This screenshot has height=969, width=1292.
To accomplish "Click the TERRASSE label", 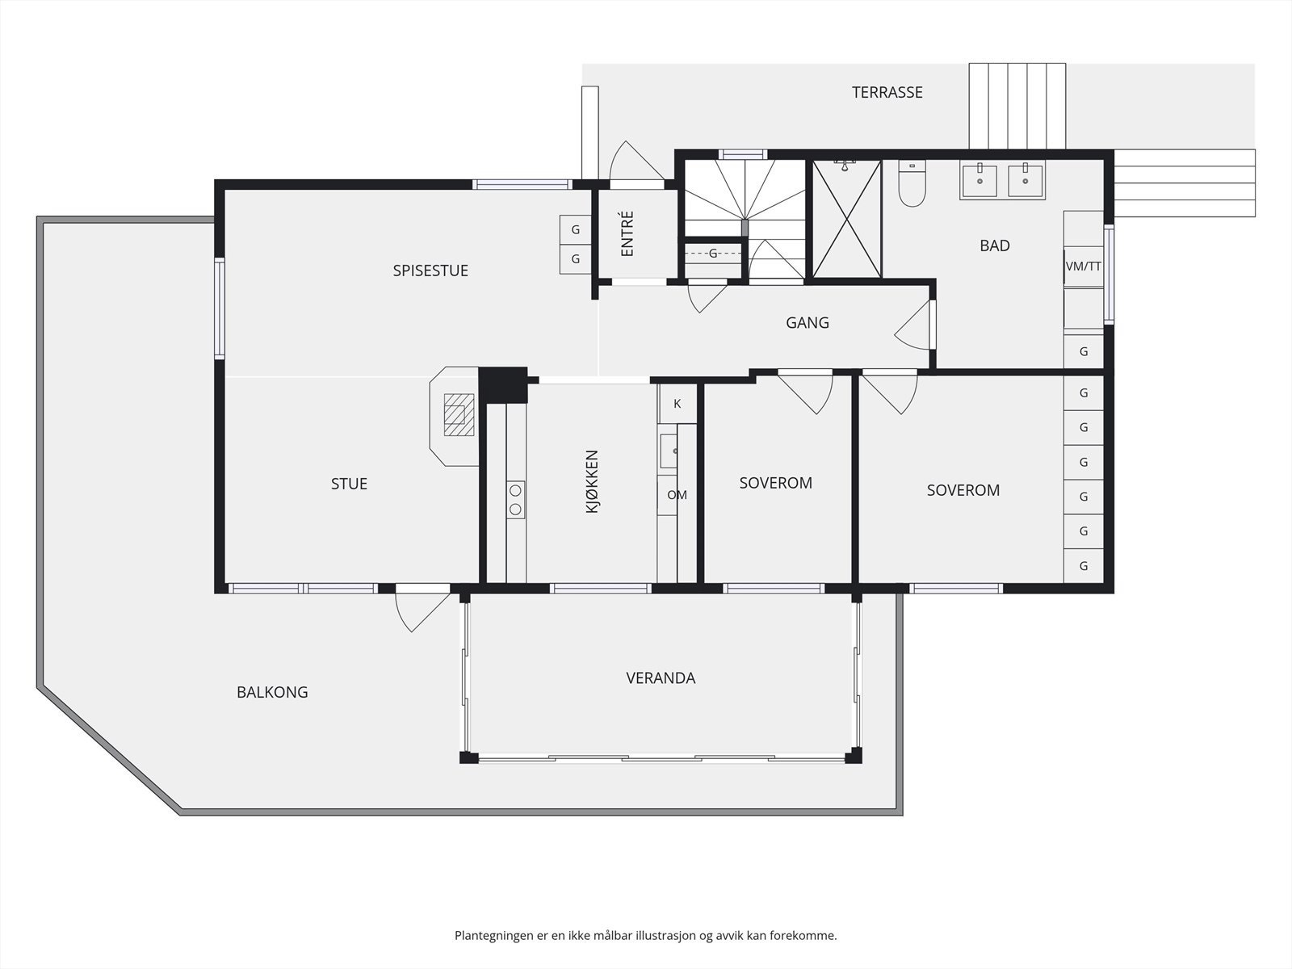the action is pyautogui.click(x=887, y=92).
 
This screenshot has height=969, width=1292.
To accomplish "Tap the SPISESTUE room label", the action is pyautogui.click(x=430, y=271).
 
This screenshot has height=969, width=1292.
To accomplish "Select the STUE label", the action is pyautogui.click(x=349, y=484).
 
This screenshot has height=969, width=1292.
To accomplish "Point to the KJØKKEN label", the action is pyautogui.click(x=592, y=481).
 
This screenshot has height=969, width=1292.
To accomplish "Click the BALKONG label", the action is pyautogui.click(x=272, y=692).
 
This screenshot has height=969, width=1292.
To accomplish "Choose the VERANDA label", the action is pyautogui.click(x=661, y=678).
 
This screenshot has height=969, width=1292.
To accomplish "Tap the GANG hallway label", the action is pyautogui.click(x=807, y=322).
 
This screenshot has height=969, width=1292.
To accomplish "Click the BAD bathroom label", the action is pyautogui.click(x=995, y=245).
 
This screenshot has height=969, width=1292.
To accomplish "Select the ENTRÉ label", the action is pyautogui.click(x=627, y=233).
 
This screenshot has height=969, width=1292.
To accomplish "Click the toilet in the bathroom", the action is pyautogui.click(x=912, y=183).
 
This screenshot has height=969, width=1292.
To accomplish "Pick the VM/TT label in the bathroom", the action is pyautogui.click(x=1083, y=266).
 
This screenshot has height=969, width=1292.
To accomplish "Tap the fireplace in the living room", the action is pyautogui.click(x=455, y=416).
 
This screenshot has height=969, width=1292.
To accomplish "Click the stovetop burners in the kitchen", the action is pyautogui.click(x=516, y=500).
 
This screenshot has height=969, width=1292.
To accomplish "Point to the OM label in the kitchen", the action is pyautogui.click(x=677, y=495).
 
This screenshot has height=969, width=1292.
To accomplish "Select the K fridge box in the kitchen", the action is pyautogui.click(x=677, y=404).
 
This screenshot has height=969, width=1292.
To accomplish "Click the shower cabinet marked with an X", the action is pyautogui.click(x=846, y=218).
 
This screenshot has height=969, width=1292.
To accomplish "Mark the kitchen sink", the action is pyautogui.click(x=669, y=451).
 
